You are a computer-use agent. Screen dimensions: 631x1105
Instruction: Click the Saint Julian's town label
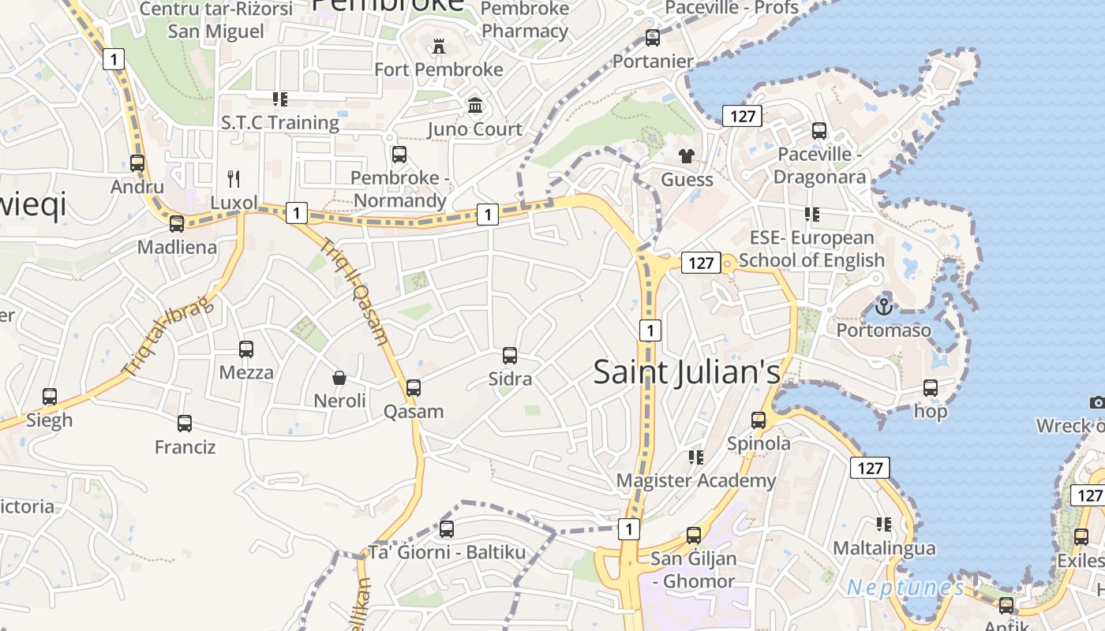[x=687, y=372]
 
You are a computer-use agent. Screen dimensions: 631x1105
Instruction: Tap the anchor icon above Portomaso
[x=884, y=306]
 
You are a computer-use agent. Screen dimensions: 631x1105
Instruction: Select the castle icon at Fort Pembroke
[x=438, y=47]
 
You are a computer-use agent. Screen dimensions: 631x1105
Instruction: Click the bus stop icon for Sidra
[x=510, y=356]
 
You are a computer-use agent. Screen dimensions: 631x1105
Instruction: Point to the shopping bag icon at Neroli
[x=339, y=378]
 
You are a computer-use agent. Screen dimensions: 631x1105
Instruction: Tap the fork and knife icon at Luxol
[x=233, y=179]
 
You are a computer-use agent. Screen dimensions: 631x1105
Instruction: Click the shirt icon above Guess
[x=686, y=156]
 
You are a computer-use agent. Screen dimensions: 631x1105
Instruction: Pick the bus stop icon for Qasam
[x=413, y=388]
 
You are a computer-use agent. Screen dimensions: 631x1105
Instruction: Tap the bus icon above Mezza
[x=246, y=349]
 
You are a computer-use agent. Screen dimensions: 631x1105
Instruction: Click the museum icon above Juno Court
[x=475, y=105]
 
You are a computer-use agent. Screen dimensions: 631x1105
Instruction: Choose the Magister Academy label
[x=696, y=480]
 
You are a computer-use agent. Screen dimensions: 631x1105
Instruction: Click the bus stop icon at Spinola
[x=759, y=420]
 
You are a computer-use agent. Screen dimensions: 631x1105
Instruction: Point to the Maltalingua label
[x=884, y=547]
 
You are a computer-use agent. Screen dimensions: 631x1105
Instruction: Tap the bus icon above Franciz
[x=185, y=424]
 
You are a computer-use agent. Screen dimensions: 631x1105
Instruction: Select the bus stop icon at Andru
[x=137, y=163]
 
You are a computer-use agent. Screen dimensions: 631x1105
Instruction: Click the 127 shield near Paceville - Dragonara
[x=742, y=117]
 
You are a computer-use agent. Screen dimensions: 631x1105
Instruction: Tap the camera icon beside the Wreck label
[x=1097, y=402]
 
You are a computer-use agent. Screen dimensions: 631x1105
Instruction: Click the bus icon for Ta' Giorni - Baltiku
[x=447, y=528]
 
